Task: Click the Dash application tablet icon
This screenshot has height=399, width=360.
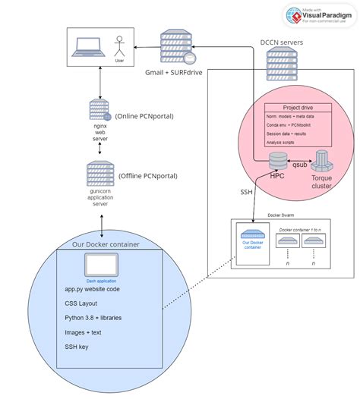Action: tap(101, 265)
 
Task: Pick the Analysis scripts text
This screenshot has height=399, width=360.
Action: tap(285, 141)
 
